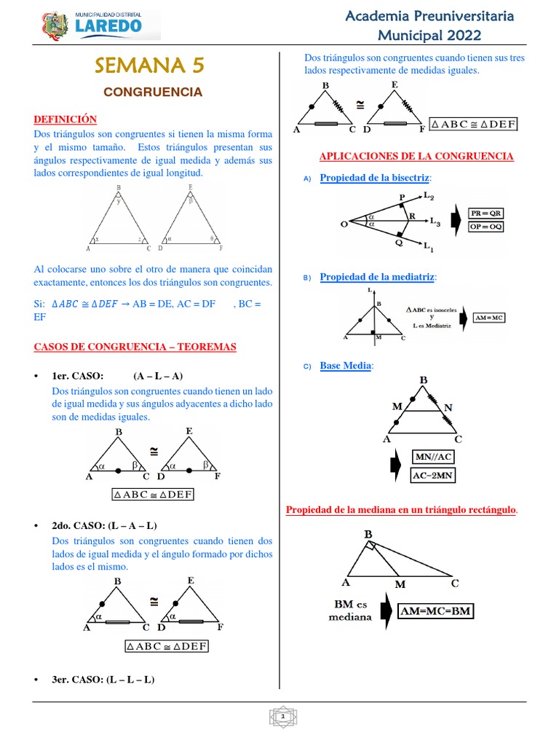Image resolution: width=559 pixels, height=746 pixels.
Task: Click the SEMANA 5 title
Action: (x=150, y=66)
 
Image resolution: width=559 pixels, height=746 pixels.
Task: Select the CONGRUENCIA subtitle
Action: (x=152, y=93)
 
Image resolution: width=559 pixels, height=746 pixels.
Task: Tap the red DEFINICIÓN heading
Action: (x=66, y=119)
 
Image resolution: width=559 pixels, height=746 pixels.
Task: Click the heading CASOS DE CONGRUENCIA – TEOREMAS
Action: (x=135, y=348)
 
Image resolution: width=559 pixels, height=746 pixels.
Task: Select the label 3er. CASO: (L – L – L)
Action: (x=103, y=679)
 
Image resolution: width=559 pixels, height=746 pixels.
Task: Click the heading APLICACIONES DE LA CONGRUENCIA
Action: (x=417, y=157)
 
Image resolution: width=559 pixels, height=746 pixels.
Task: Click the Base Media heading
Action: (x=346, y=366)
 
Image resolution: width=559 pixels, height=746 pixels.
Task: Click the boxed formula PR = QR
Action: (x=485, y=213)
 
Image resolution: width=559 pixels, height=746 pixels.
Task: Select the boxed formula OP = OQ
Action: (x=485, y=227)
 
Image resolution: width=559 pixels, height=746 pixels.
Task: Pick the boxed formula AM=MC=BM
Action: (x=435, y=611)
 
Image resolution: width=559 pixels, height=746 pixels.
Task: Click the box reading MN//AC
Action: (x=433, y=457)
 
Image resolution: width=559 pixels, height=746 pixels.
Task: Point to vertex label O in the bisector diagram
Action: (x=344, y=224)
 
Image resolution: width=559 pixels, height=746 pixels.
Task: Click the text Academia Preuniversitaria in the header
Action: (x=429, y=16)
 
